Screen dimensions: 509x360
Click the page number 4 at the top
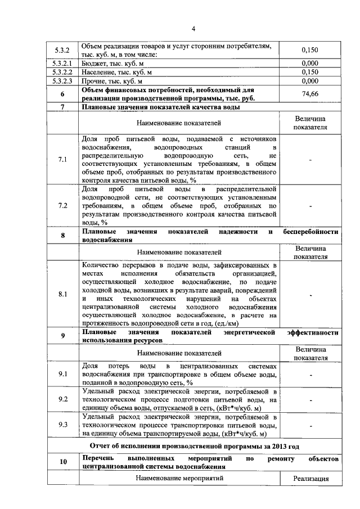tap(193, 29)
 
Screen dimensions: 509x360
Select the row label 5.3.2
tap(62, 50)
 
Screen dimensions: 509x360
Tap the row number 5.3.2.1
tap(62, 64)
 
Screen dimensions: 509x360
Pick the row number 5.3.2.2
tap(62, 73)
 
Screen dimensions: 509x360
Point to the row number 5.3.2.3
tap(62, 82)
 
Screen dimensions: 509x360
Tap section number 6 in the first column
tap(62, 94)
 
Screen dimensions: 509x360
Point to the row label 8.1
tap(62, 294)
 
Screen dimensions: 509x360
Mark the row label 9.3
tap(62, 425)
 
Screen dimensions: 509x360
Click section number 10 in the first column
tap(63, 462)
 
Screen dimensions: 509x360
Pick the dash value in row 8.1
tap(310, 294)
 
